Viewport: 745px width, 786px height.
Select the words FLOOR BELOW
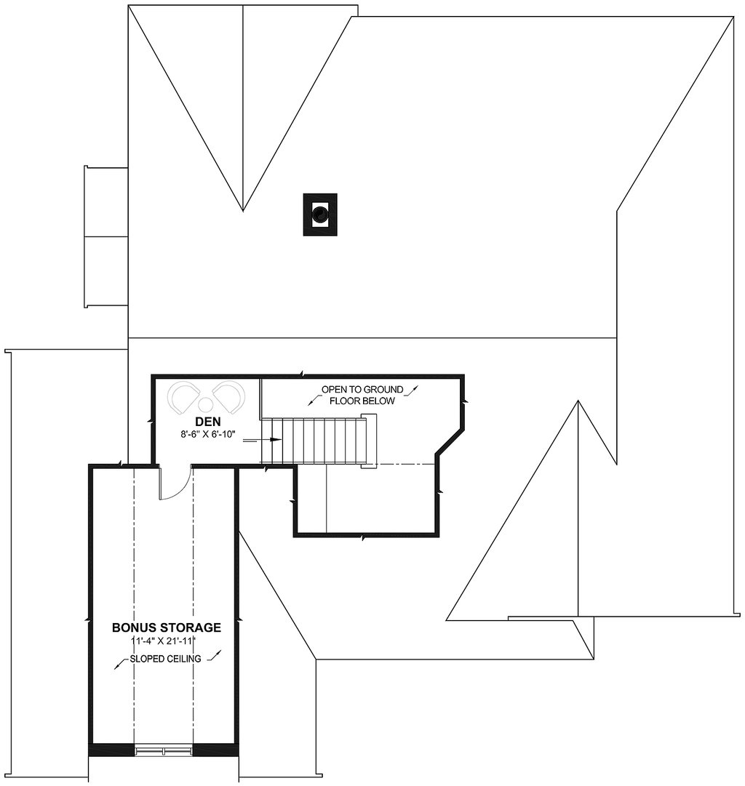(x=362, y=401)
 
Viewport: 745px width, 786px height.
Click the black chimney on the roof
(x=319, y=214)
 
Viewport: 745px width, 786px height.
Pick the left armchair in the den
(x=183, y=397)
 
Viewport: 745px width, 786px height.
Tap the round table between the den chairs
(x=206, y=405)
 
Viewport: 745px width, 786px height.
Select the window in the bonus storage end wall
(x=164, y=749)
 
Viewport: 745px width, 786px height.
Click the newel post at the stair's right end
(x=370, y=441)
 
